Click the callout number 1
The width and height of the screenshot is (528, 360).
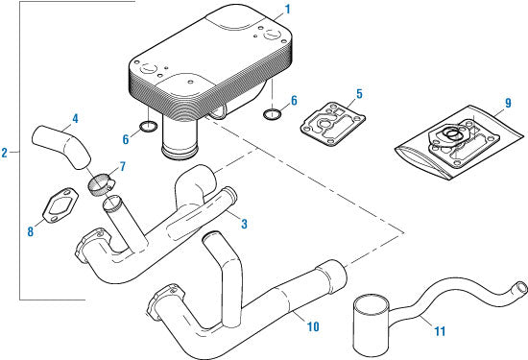[x=287, y=10]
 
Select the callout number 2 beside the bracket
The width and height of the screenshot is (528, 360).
[x=5, y=153]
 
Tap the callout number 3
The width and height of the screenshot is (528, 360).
[x=244, y=224]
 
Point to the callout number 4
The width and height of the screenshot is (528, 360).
[x=75, y=118]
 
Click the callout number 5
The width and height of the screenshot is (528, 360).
[x=360, y=94]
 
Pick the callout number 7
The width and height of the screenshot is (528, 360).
[x=122, y=166]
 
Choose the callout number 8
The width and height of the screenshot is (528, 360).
[x=31, y=231]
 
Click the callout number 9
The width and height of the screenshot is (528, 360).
[x=508, y=103]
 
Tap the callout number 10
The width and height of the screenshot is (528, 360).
[x=313, y=326]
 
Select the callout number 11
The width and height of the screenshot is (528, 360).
[x=440, y=331]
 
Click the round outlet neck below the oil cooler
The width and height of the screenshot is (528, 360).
[x=179, y=138]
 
